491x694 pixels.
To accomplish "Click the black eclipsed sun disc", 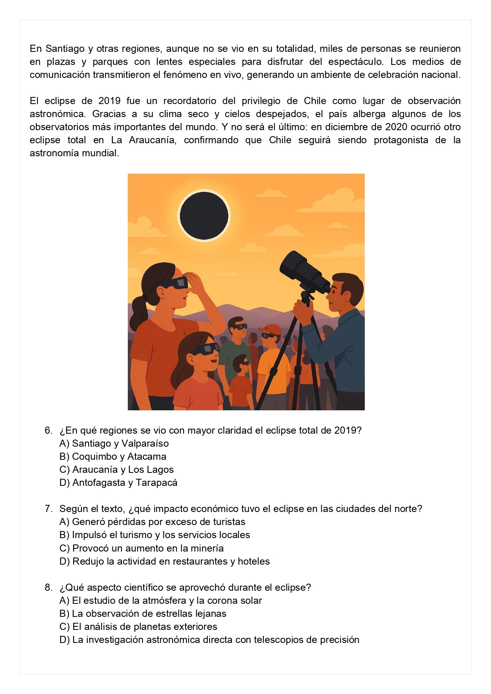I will click(x=204, y=216).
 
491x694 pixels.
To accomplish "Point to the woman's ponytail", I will click(x=138, y=313).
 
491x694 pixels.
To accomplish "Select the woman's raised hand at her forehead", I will click(x=195, y=282).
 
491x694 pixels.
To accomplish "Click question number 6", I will click(x=48, y=430).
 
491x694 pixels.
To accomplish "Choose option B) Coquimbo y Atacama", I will click(x=113, y=457).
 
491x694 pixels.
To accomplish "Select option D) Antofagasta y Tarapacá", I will click(x=118, y=483).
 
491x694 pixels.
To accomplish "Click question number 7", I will click(x=48, y=509).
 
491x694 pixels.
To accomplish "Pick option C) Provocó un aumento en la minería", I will click(x=141, y=548).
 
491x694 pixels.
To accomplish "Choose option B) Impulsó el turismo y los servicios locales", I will click(x=154, y=535).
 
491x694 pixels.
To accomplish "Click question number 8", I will click(x=48, y=588).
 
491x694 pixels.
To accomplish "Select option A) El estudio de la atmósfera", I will click(x=160, y=601).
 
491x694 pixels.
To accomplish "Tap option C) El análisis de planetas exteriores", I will click(x=138, y=627).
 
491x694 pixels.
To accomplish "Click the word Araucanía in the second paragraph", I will click(x=152, y=140).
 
